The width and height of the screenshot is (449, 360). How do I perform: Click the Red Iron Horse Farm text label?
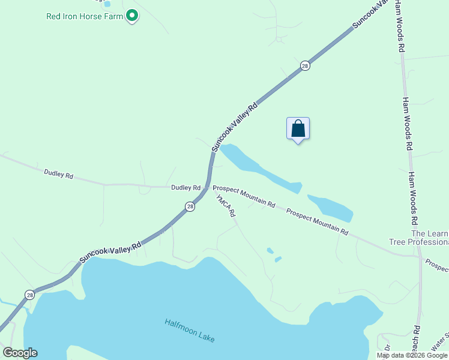pyautogui.click(x=85, y=16)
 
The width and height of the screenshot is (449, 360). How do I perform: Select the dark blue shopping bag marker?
pyautogui.click(x=298, y=128)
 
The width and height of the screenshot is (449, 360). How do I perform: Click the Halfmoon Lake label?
pyautogui.click(x=189, y=331)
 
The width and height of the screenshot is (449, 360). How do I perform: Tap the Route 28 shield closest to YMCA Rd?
pyautogui.click(x=190, y=206)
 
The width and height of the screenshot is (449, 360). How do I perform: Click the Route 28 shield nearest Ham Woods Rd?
pyautogui.click(x=305, y=66)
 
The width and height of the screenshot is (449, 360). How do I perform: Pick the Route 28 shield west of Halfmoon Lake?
pyautogui.click(x=29, y=295)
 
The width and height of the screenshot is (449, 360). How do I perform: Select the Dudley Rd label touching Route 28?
pyautogui.click(x=185, y=188)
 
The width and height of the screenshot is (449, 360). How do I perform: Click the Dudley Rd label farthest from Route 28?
pyautogui.click(x=58, y=175)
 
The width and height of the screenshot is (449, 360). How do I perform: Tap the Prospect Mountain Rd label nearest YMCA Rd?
pyautogui.click(x=244, y=196)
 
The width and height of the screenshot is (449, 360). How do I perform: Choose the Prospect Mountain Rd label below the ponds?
pyautogui.click(x=317, y=221)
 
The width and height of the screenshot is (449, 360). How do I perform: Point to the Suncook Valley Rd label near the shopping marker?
pyautogui.click(x=235, y=127)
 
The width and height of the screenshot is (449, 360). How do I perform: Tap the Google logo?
pyautogui.click(x=20, y=353)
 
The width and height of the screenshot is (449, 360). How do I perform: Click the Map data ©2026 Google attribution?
pyautogui.click(x=412, y=355)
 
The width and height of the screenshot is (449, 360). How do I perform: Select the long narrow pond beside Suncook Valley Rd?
pyautogui.click(x=259, y=169)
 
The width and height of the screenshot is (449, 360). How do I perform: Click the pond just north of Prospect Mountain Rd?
pyautogui.click(x=330, y=208)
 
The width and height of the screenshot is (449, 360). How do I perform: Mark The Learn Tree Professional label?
pyautogui.click(x=429, y=238)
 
